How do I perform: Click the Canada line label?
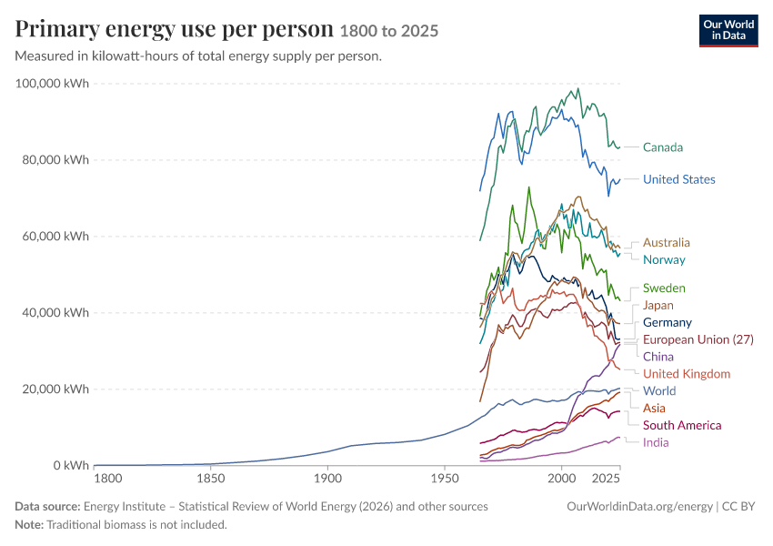(663, 147)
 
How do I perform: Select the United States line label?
(678, 179)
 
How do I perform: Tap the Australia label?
(666, 243)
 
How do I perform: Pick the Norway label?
(664, 260)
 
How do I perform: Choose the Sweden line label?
(664, 288)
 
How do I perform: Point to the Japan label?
(658, 306)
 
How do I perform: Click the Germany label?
(668, 322)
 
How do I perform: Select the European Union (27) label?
(698, 339)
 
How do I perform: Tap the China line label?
(658, 357)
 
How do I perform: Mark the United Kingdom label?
(687, 374)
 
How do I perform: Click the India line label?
(656, 442)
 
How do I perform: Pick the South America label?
(682, 425)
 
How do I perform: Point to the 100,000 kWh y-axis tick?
(52, 84)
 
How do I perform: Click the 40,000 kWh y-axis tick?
(55, 313)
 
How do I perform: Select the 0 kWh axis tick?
(71, 466)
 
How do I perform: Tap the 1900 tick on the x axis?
(327, 479)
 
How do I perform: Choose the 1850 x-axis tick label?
(211, 479)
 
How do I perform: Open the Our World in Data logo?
(728, 31)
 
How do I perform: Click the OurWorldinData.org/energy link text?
(639, 507)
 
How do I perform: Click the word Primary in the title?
(57, 29)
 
